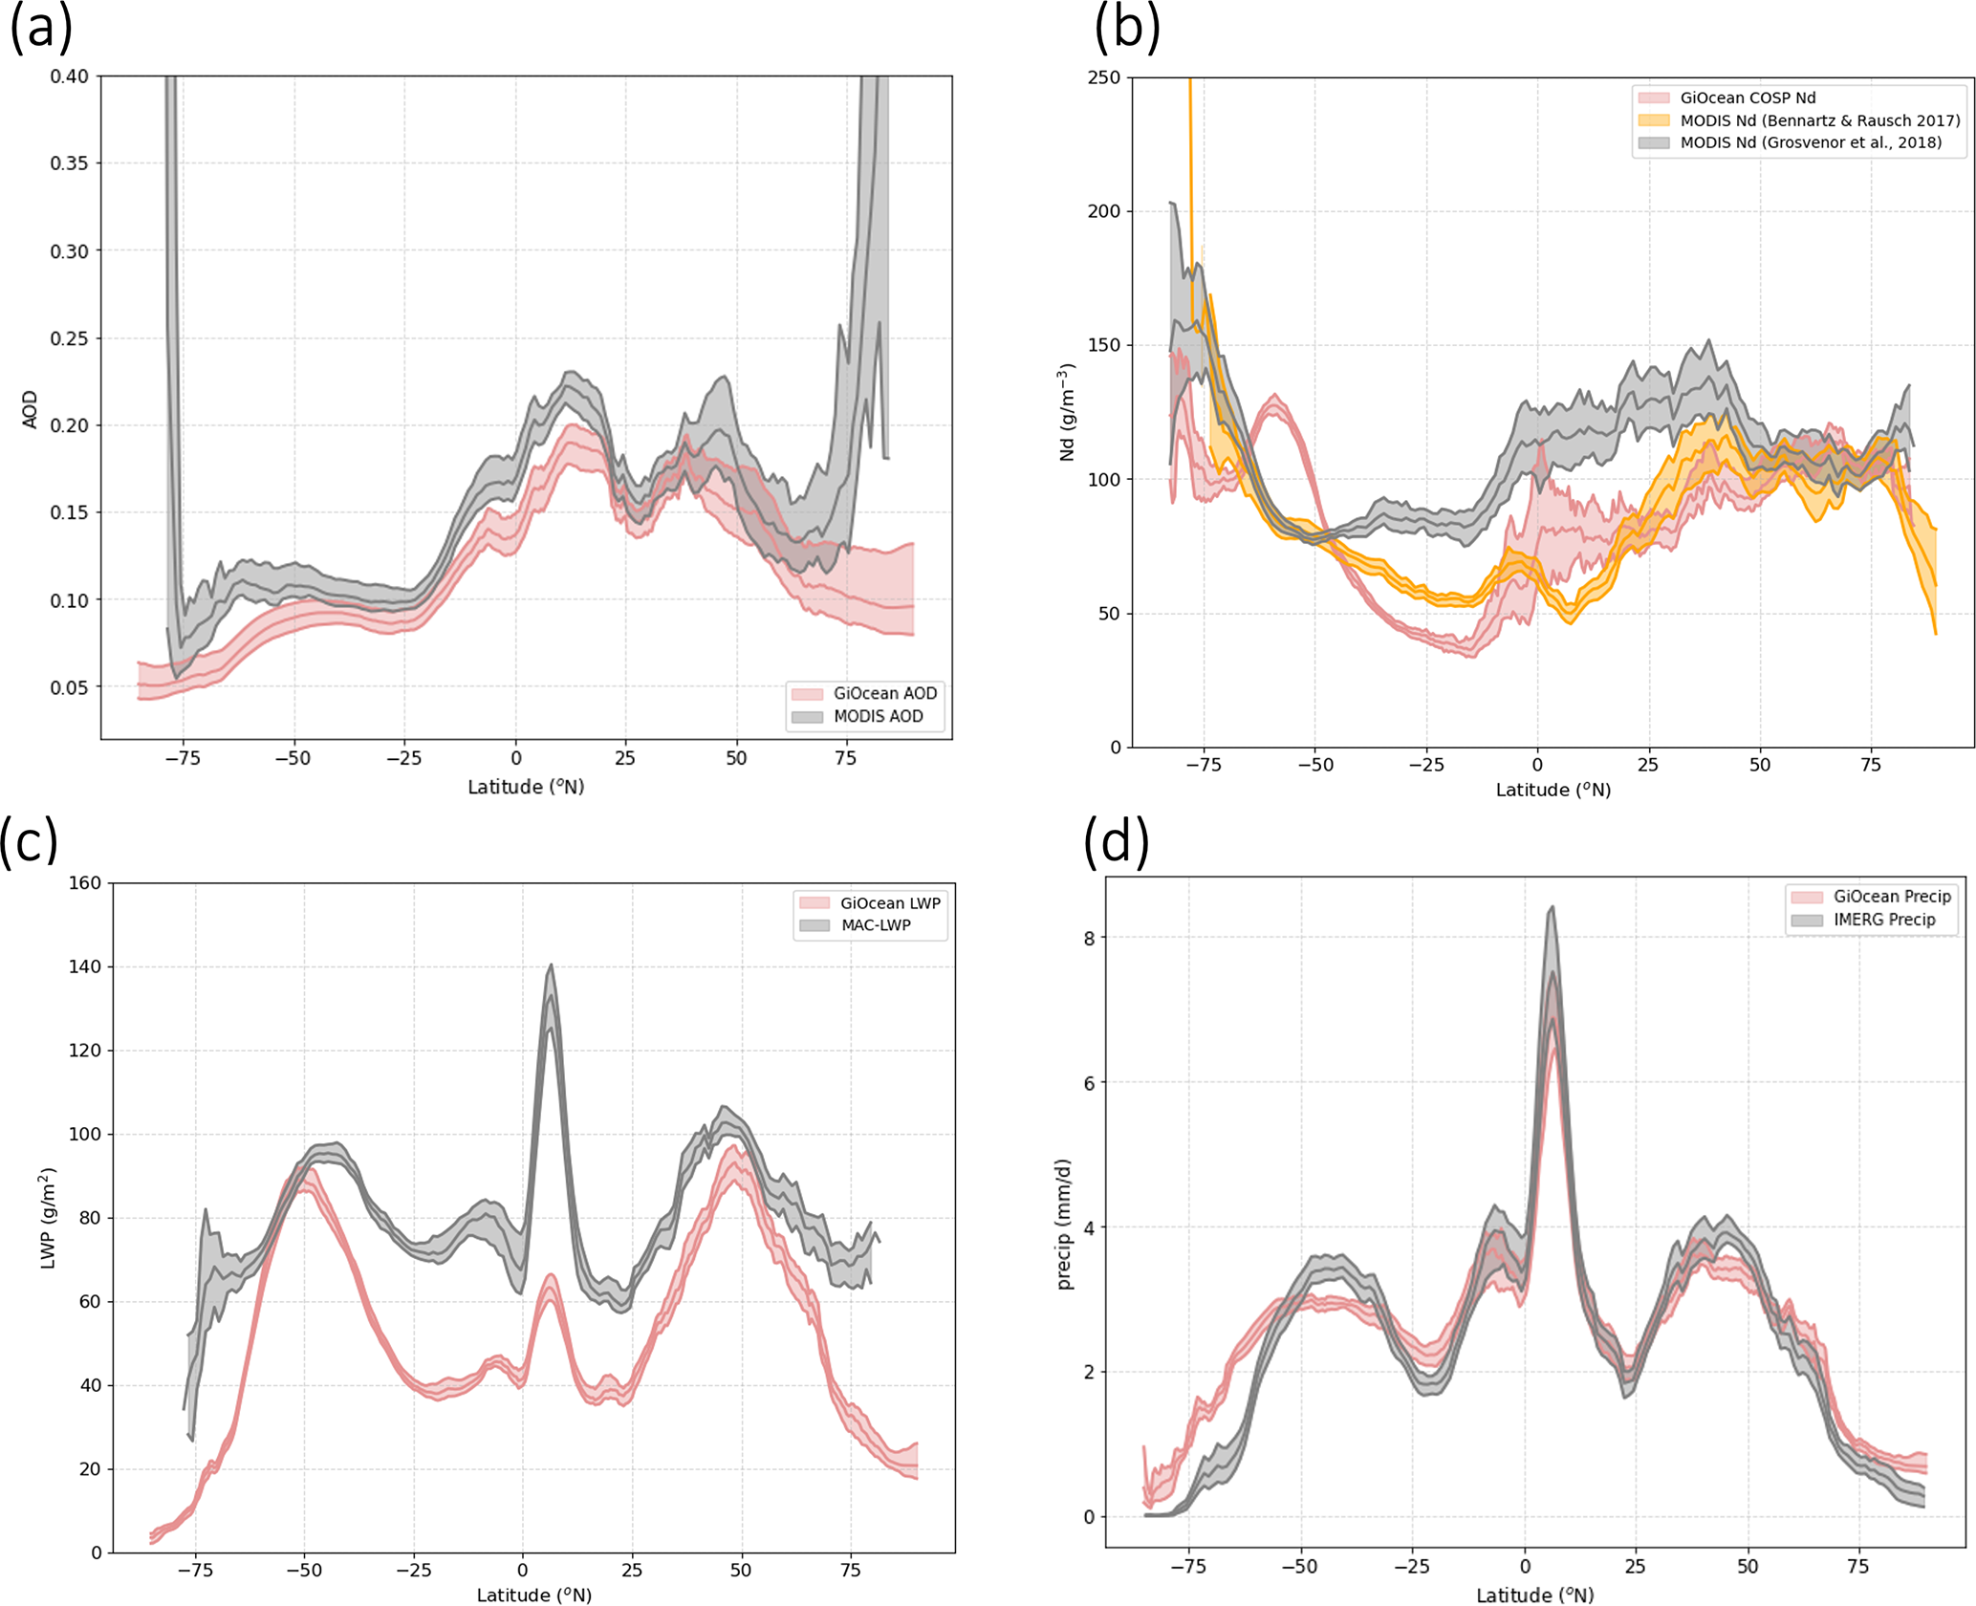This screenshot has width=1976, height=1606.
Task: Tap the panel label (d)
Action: [1116, 841]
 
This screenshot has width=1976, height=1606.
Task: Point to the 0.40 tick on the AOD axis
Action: [69, 76]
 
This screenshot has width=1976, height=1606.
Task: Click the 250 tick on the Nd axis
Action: [1103, 77]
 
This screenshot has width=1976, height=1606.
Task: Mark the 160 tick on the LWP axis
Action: [84, 882]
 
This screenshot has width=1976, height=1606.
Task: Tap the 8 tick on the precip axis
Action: [1089, 938]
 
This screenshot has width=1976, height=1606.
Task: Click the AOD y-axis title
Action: [30, 409]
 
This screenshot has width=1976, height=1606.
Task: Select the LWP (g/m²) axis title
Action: [48, 1218]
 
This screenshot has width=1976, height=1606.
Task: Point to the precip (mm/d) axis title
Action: [1065, 1225]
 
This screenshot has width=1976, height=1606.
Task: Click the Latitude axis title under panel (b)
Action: [1553, 790]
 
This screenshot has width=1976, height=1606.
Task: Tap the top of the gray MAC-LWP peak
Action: [551, 966]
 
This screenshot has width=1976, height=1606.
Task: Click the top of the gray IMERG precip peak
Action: [1552, 907]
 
